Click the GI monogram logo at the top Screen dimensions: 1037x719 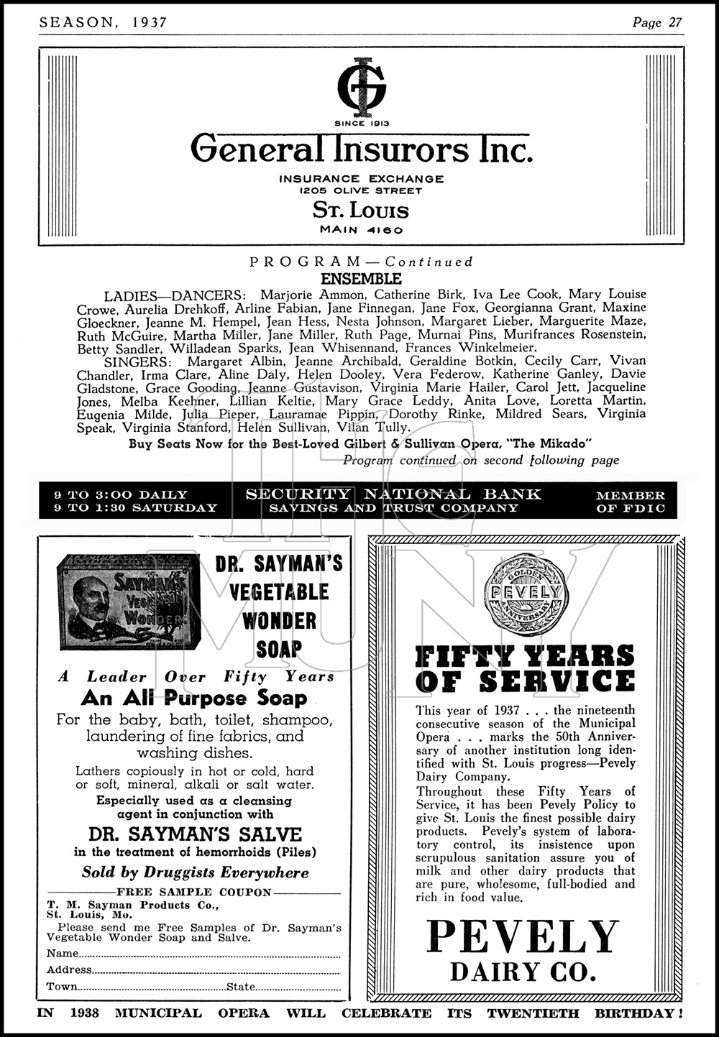coord(362,86)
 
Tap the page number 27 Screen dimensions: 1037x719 coord(674,22)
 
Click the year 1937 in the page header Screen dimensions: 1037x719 coord(150,22)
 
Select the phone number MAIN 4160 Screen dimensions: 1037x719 coord(362,231)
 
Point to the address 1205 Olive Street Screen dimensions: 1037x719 coord(362,190)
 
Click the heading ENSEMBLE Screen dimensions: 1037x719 coord(361,279)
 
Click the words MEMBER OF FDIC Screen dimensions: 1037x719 coord(631,502)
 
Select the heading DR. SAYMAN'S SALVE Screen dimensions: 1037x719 coord(195,835)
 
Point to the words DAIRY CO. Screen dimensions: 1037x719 coord(523,972)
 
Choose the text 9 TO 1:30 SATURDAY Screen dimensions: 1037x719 coord(136,508)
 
